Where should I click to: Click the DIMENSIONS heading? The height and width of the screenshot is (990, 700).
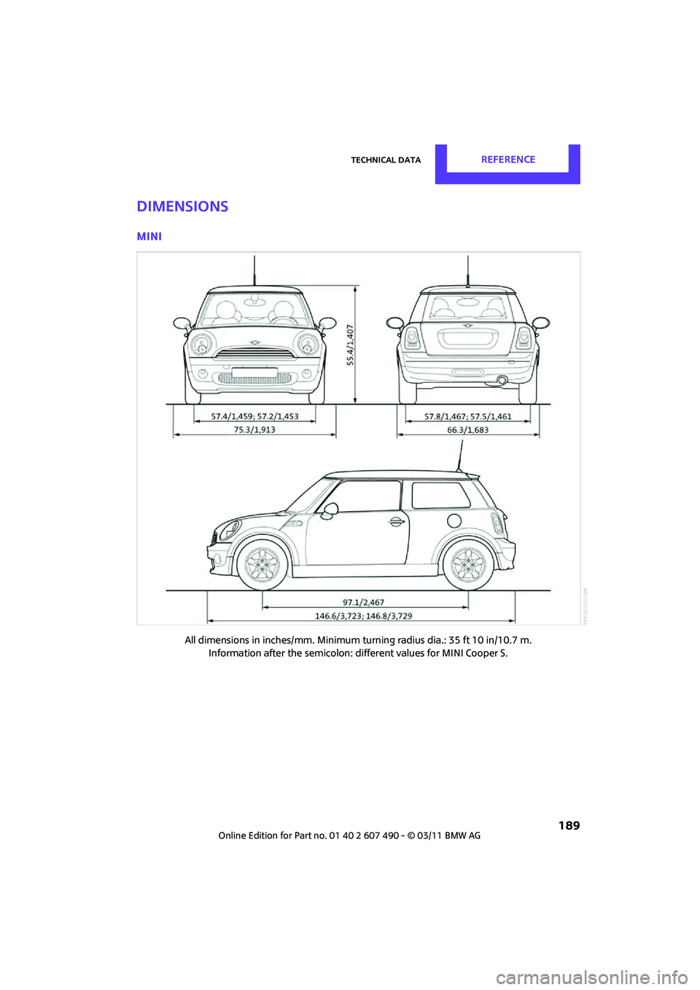point(182,206)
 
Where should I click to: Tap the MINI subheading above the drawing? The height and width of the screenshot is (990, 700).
point(149,236)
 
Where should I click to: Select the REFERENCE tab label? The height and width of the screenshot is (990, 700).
point(507,160)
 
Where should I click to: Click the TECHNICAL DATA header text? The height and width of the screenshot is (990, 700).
point(386,160)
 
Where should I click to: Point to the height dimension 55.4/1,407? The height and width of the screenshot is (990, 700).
point(350,345)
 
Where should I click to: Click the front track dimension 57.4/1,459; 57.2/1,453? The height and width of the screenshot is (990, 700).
point(254,416)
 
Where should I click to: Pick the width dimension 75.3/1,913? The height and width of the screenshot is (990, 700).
point(254,429)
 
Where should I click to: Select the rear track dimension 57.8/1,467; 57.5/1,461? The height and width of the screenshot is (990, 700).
point(467,416)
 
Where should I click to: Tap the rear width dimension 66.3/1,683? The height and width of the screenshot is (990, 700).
point(467,429)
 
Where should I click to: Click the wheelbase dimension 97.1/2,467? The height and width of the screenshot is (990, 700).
point(363,602)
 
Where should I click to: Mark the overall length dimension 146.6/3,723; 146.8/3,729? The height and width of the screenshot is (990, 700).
point(363,616)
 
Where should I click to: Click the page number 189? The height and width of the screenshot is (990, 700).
point(569,825)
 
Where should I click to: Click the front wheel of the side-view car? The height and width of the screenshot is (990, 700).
point(262,564)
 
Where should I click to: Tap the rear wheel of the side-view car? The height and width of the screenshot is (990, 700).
point(467,564)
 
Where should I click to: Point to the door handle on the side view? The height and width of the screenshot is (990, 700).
point(395,521)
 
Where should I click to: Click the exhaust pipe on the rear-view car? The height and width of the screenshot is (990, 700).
point(502,380)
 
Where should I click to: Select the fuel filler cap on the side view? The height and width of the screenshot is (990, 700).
point(454,521)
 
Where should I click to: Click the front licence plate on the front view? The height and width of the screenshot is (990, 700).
point(254,373)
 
